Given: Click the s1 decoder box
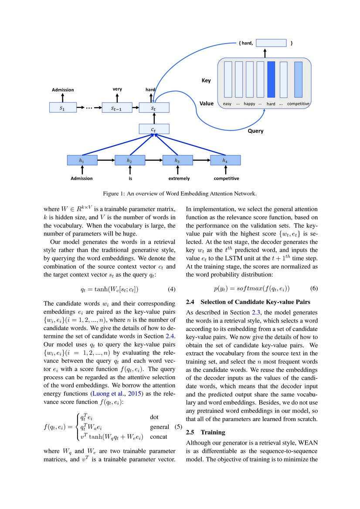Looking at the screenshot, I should (62, 108).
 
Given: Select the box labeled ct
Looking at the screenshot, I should (153, 129).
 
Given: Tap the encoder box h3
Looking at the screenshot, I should (177, 160).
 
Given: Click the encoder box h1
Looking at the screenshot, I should (82, 160).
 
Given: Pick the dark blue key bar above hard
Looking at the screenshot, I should (271, 79).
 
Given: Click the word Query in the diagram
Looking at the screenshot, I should (255, 131).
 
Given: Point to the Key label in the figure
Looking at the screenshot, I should (206, 81).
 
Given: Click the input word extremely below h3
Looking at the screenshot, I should (179, 179).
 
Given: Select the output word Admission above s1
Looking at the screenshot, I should (63, 90).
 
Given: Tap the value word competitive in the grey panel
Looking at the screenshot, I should (298, 104).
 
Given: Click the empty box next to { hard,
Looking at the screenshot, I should (271, 43).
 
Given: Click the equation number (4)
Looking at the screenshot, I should (173, 289).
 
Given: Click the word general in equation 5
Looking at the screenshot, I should (159, 427).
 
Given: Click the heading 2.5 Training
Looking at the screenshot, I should (206, 432).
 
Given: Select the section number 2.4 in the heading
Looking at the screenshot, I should (191, 301).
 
